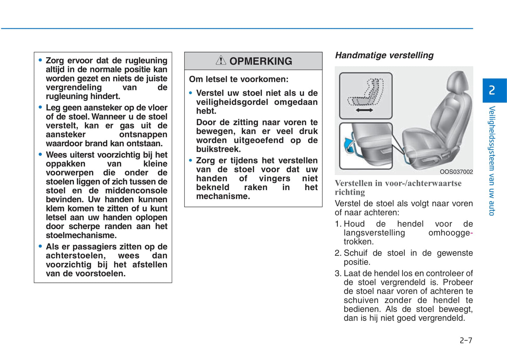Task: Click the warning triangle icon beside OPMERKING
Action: coord(221,60)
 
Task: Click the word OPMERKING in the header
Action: coord(261,61)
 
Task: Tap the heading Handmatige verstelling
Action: coord(384,55)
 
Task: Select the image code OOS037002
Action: coord(456,172)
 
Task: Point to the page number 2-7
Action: coord(466,340)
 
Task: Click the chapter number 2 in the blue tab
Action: coord(492,90)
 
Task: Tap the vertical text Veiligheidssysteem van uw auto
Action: coord(492,161)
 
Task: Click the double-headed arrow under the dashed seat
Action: coord(364,110)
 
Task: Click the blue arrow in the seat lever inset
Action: coord(349,144)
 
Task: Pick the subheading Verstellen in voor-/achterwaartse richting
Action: coord(398,187)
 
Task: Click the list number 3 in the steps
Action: coord(338,273)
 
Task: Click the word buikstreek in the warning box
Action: coord(218,149)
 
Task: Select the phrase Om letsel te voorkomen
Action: coord(239,79)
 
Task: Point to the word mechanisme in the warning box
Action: coord(223,196)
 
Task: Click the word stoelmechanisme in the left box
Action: coord(81,235)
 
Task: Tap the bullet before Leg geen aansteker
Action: coord(40,107)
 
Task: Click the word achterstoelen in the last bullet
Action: coord(75,255)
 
